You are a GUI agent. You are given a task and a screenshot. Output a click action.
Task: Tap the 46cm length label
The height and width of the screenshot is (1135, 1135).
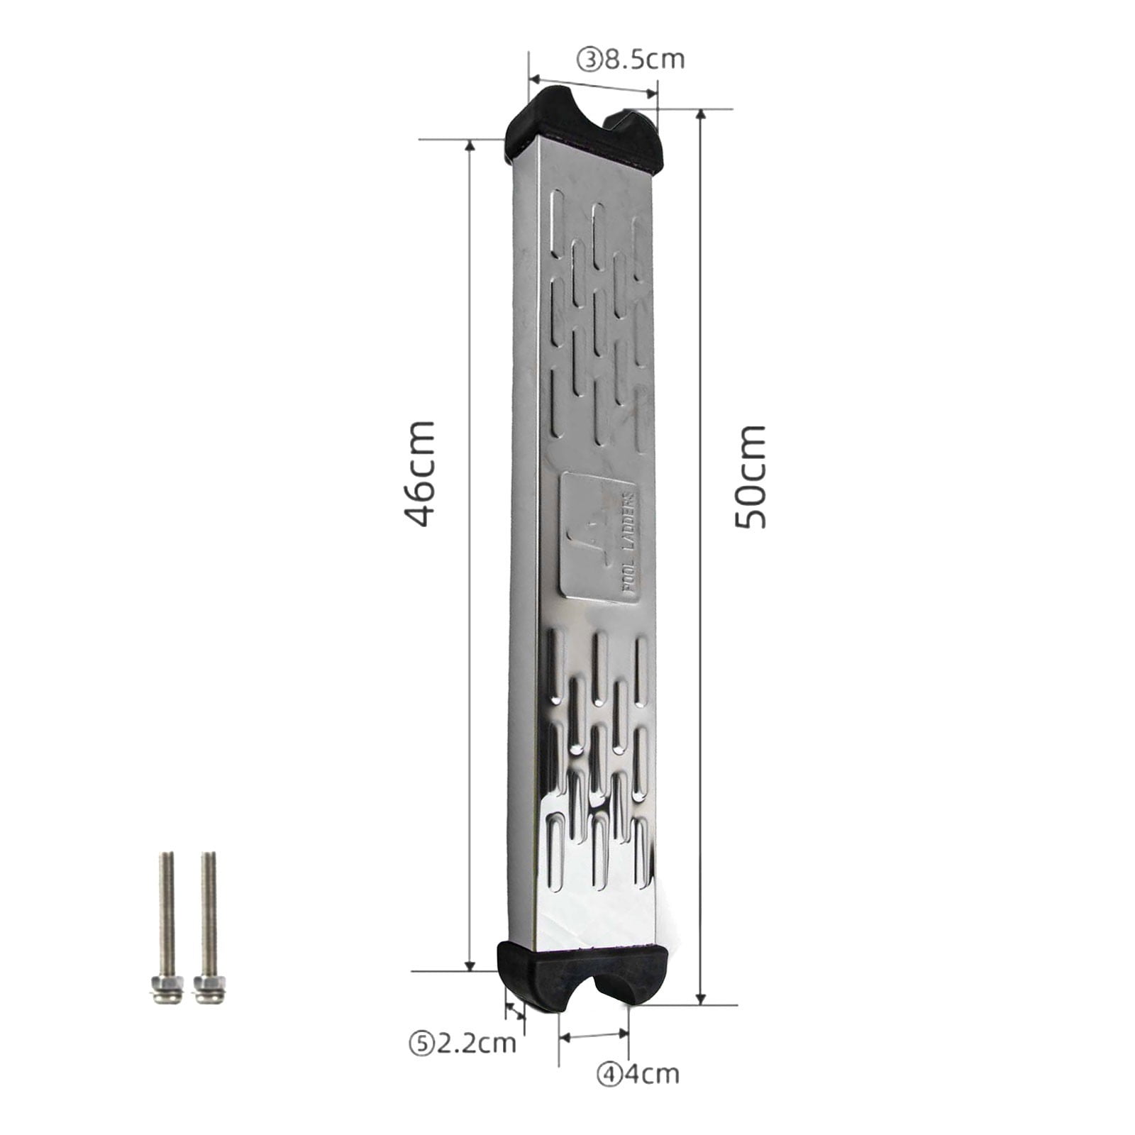[x=419, y=473]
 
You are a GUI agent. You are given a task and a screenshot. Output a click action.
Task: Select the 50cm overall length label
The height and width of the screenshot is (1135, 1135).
[x=750, y=477]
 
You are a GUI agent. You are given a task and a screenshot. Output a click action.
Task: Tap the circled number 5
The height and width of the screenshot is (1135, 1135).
[x=421, y=1044]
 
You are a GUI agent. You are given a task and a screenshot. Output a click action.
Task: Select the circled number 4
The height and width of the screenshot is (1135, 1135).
[x=609, y=1075]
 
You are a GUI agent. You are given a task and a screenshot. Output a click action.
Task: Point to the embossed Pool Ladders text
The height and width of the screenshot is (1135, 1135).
[x=628, y=546]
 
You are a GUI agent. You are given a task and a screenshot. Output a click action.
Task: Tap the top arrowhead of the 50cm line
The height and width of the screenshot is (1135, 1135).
[x=701, y=116]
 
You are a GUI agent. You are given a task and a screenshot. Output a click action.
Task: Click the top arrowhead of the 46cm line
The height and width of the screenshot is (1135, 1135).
[x=470, y=146]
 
